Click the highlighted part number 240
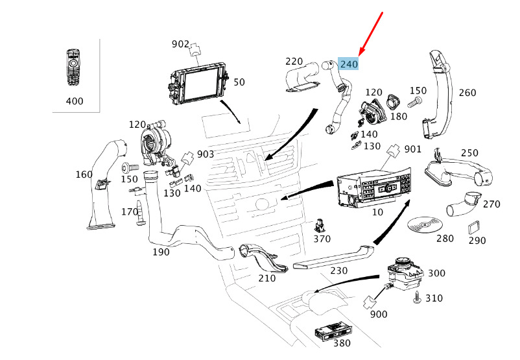click(349, 64)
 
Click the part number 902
click(180, 44)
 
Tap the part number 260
click(467, 92)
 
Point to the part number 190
click(160, 252)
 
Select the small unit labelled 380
click(335, 331)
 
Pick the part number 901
click(413, 149)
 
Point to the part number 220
click(294, 62)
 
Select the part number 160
click(84, 174)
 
